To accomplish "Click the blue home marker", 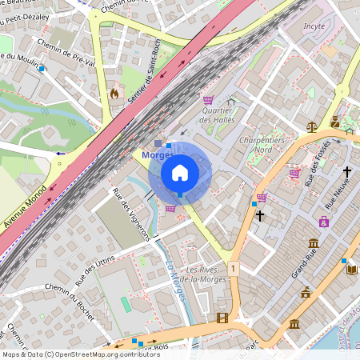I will [180, 173].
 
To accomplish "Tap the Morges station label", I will [158, 154].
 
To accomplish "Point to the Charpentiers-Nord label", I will [258, 144].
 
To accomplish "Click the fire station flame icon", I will [114, 94].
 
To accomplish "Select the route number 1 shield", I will [231, 268].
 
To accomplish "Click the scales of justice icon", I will [311, 125].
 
